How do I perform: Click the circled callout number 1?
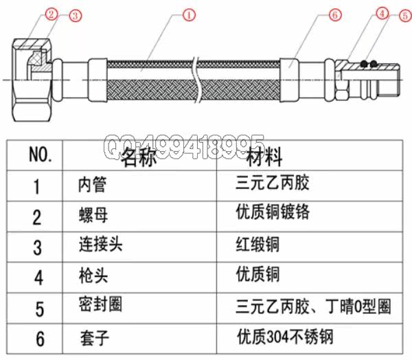tap(187, 14)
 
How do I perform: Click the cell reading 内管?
tap(92, 185)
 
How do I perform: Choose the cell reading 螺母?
tap(93, 216)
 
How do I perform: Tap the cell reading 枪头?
tap(93, 276)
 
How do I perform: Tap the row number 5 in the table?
tap(39, 309)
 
